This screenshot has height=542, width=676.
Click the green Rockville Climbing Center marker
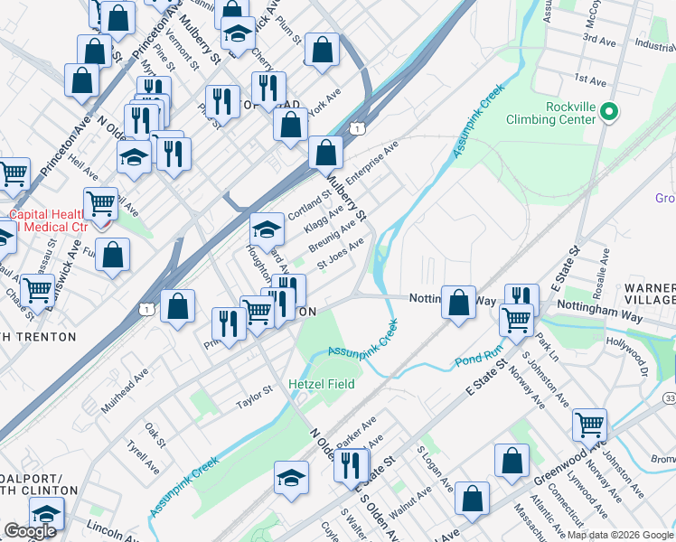[609, 112]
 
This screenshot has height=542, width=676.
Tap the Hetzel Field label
[321, 384]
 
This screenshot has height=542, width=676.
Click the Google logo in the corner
[31, 531]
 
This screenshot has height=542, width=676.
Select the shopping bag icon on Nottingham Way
[459, 301]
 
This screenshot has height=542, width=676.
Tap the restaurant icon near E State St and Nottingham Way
[521, 297]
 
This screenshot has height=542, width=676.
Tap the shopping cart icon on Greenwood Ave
[588, 423]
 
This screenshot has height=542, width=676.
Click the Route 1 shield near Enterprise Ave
[359, 130]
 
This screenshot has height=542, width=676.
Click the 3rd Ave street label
[598, 40]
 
